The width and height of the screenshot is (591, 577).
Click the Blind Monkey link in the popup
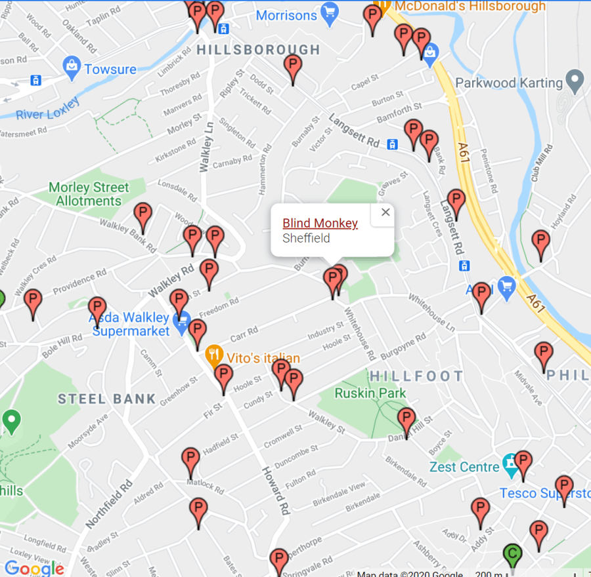(320, 224)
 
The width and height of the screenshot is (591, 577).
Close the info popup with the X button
(385, 212)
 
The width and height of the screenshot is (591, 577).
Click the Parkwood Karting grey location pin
(575, 81)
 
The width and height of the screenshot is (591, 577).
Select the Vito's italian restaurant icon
(213, 357)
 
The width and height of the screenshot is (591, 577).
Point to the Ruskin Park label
(370, 393)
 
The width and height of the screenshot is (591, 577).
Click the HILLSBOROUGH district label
(258, 50)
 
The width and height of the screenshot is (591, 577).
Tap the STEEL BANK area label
(107, 399)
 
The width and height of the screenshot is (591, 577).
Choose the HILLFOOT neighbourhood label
(416, 376)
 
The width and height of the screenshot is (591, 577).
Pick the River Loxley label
(48, 110)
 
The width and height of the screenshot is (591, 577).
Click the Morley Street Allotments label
(89, 194)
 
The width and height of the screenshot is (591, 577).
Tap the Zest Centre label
(464, 467)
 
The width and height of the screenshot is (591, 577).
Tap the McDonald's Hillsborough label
(469, 7)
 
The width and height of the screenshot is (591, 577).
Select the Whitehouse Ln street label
(431, 311)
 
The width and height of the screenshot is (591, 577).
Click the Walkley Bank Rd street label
(128, 235)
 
